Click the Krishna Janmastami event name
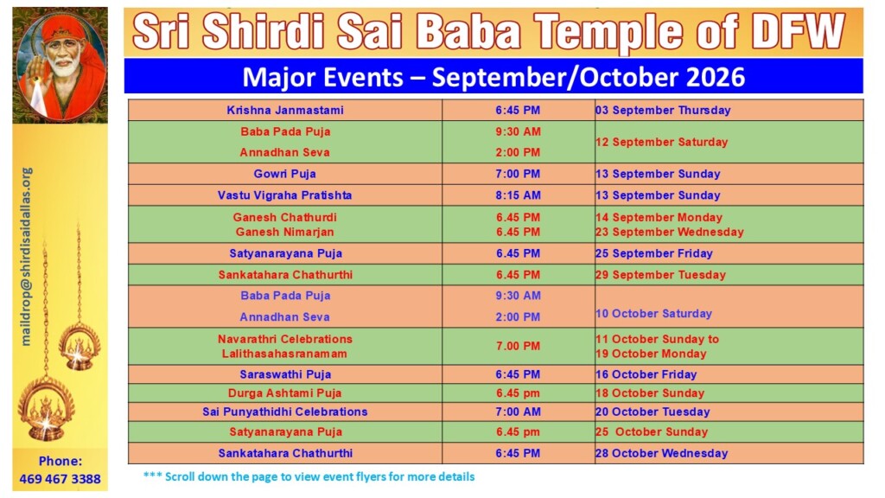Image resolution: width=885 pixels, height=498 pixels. (x=285, y=110)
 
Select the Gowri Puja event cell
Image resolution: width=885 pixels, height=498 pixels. (x=284, y=174)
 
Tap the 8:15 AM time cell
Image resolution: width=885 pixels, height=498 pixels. (x=519, y=195)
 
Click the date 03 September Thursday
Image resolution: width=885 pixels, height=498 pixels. (x=663, y=110)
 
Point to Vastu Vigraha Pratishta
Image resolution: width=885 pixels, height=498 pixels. (x=285, y=195)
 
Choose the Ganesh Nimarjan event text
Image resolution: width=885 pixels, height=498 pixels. (x=285, y=232)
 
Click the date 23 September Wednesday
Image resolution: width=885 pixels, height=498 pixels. (x=670, y=232)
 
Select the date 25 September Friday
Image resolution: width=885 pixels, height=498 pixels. (x=654, y=253)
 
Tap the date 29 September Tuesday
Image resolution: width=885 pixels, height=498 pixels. (x=660, y=275)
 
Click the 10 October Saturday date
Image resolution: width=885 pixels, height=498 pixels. (x=653, y=313)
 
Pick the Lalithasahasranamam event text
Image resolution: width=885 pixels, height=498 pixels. (x=284, y=354)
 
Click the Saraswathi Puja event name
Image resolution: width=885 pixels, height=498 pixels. (x=285, y=374)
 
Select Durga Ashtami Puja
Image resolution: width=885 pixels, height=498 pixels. (x=285, y=393)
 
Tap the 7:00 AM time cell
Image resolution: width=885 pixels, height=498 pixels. (x=519, y=412)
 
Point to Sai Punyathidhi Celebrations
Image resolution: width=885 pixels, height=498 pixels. (x=285, y=412)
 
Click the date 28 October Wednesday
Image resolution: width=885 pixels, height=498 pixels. (x=661, y=453)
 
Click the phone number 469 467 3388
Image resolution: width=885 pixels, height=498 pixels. (x=60, y=479)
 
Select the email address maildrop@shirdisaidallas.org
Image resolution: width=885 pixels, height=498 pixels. (x=27, y=256)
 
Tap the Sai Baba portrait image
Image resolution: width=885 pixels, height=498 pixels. (x=60, y=65)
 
